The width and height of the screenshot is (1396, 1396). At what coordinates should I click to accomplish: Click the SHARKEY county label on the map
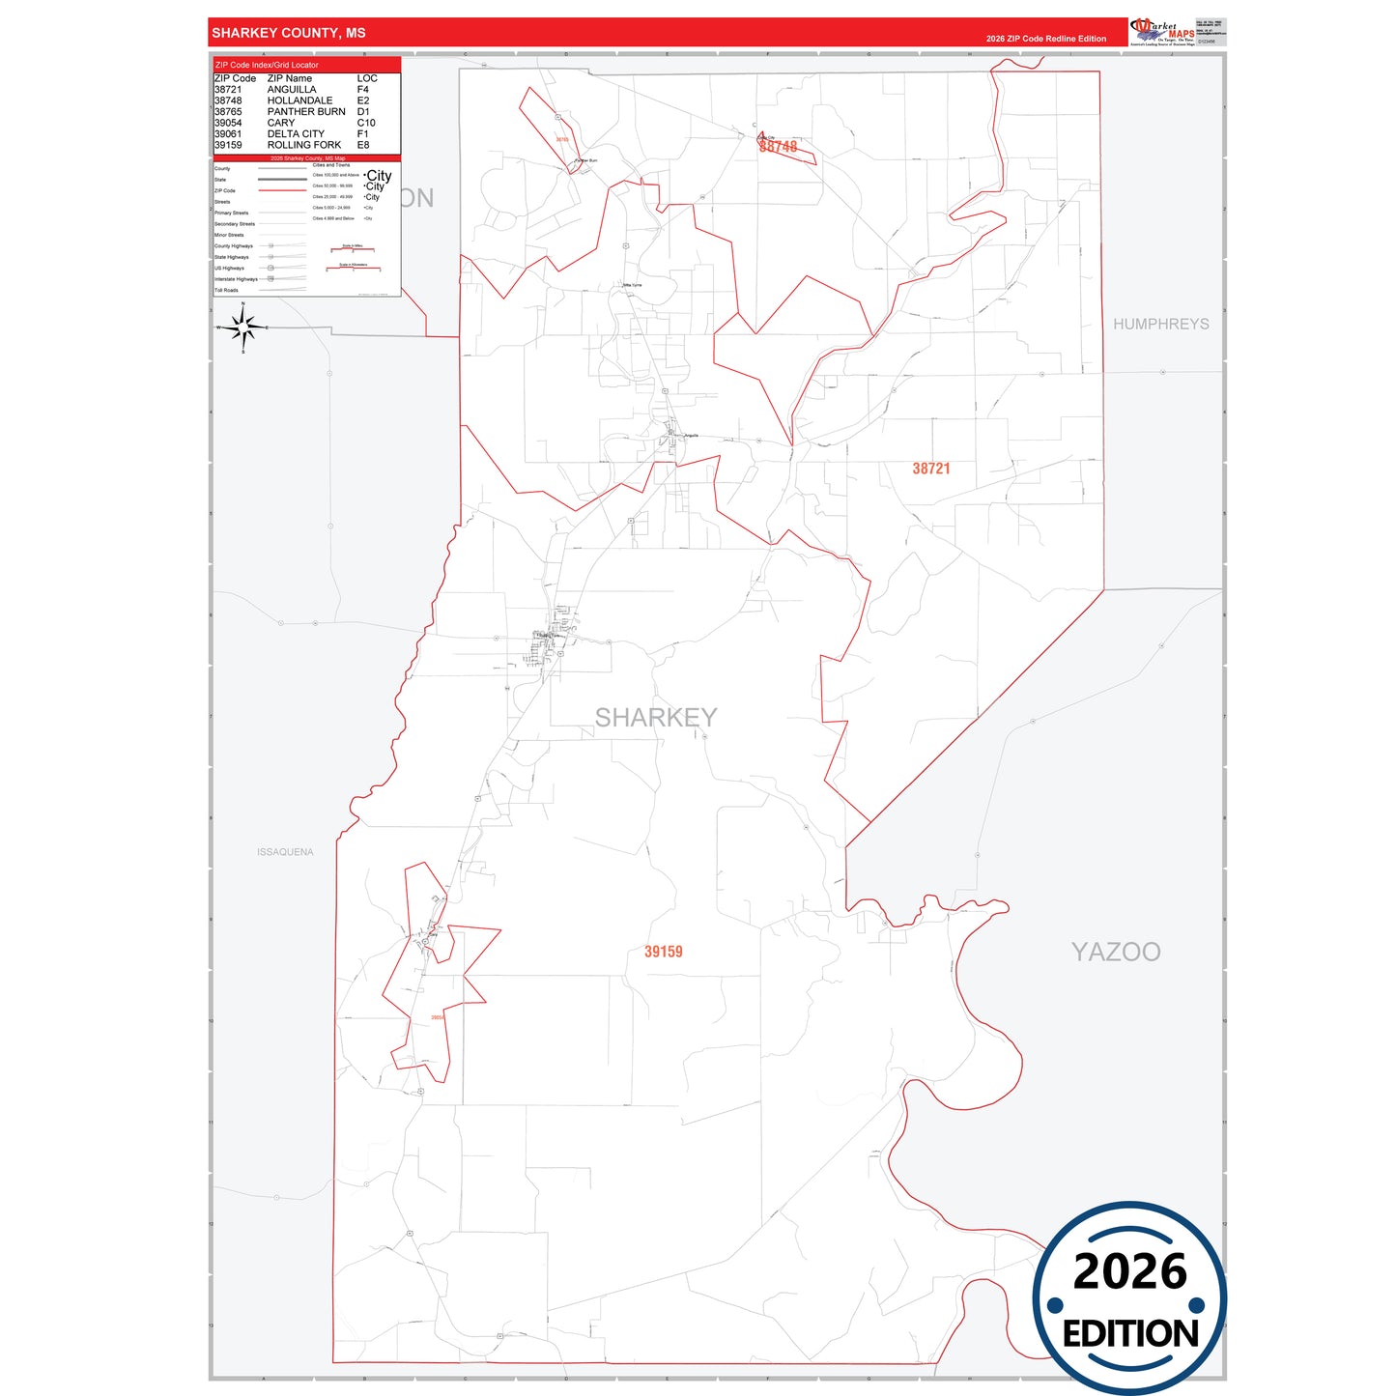(656, 718)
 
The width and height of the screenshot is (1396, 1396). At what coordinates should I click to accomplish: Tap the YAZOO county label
(1116, 952)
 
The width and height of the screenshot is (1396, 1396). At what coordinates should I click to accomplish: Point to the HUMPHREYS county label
(1160, 324)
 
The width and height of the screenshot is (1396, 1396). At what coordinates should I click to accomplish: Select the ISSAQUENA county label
(285, 852)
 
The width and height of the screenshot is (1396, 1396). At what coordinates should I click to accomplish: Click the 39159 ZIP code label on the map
(664, 952)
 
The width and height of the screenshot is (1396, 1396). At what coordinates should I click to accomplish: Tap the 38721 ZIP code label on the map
(931, 469)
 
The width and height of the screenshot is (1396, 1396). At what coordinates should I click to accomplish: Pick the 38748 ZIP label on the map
(779, 147)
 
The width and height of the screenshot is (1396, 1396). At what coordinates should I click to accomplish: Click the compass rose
(243, 328)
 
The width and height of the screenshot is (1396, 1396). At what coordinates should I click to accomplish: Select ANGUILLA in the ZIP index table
(292, 90)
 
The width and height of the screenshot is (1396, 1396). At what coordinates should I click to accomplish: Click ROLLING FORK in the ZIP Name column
(304, 145)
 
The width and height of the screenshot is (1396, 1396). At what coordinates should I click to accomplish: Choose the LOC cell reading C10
(366, 123)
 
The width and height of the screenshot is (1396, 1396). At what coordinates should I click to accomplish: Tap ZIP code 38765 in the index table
(228, 112)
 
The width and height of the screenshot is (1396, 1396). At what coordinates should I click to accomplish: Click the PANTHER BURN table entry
(306, 112)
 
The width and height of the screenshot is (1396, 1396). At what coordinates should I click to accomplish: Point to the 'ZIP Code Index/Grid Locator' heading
(267, 65)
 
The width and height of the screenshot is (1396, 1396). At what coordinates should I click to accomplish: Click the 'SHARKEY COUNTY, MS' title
(289, 33)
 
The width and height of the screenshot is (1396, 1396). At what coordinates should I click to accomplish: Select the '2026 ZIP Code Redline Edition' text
(1046, 39)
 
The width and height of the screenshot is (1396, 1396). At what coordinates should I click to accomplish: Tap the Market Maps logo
(1161, 32)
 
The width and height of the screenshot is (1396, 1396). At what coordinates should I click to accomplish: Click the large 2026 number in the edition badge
(1129, 1271)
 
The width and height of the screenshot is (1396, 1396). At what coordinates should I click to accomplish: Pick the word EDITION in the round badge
(1130, 1334)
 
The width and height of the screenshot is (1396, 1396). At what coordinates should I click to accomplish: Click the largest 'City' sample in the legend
(379, 176)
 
